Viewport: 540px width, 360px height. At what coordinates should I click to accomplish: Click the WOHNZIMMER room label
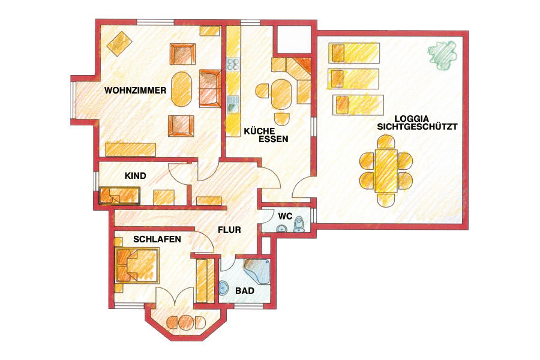[x=136, y=91]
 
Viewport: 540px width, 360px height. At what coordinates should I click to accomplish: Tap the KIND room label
[x=136, y=176]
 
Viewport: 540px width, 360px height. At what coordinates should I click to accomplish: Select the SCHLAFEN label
[x=157, y=239]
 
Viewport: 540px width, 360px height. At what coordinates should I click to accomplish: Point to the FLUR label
[x=229, y=230]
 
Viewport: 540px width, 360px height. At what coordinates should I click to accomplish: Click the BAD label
[x=245, y=291]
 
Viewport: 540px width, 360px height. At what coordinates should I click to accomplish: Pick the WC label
[x=286, y=217]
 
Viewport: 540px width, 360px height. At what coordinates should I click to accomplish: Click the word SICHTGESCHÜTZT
[x=418, y=127]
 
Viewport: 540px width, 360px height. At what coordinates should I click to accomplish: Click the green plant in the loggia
[x=443, y=55]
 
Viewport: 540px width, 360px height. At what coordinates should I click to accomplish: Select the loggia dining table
[x=386, y=170]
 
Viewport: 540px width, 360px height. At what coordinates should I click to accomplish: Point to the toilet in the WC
[x=299, y=224]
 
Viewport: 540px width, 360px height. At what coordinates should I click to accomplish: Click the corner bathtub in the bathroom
[x=257, y=270]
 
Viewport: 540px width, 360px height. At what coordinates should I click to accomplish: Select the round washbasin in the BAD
[x=224, y=287]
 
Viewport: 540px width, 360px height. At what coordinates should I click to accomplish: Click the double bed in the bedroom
[x=137, y=265]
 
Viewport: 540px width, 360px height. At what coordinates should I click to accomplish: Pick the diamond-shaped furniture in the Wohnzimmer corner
[x=119, y=44]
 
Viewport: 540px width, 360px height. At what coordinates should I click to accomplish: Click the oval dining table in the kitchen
[x=281, y=94]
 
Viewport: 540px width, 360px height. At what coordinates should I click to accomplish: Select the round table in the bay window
[x=186, y=322]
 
